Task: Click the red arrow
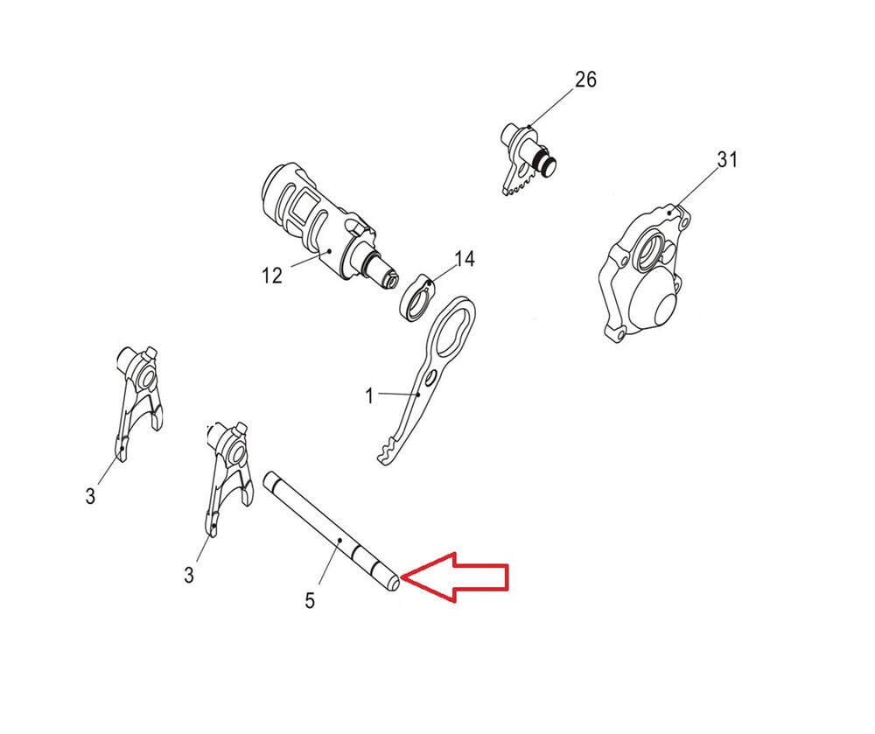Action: [455, 577]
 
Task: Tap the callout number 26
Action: [586, 80]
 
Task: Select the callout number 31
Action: [727, 160]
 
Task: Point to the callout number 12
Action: [272, 275]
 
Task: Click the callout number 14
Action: [465, 259]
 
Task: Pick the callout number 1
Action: [369, 396]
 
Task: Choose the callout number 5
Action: [311, 601]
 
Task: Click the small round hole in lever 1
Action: [430, 380]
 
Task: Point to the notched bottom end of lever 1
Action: [389, 451]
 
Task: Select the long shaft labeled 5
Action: [332, 532]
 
